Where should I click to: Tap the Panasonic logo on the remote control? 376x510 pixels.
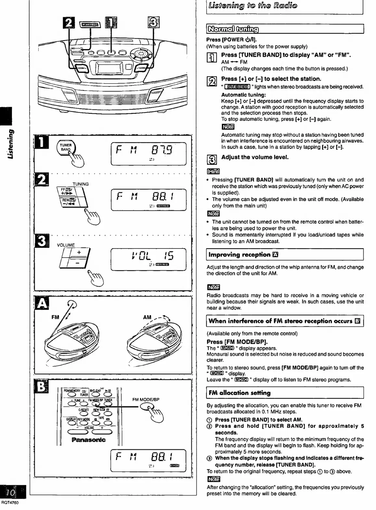[x=89, y=440]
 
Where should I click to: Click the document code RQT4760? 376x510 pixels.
[x=10, y=503]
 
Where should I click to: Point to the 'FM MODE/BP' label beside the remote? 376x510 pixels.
[x=146, y=400]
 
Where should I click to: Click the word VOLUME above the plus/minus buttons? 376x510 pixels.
[x=66, y=245]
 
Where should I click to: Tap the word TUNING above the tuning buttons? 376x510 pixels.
[x=81, y=184]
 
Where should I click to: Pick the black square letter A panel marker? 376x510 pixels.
[x=41, y=304]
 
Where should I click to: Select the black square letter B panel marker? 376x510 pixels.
[x=41, y=386]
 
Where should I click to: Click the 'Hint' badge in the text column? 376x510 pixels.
[x=213, y=171]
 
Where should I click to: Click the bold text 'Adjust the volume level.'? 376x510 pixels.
[x=255, y=157]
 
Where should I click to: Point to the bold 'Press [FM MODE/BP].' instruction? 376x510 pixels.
[x=237, y=342]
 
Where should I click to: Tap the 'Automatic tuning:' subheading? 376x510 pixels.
[x=244, y=95]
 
